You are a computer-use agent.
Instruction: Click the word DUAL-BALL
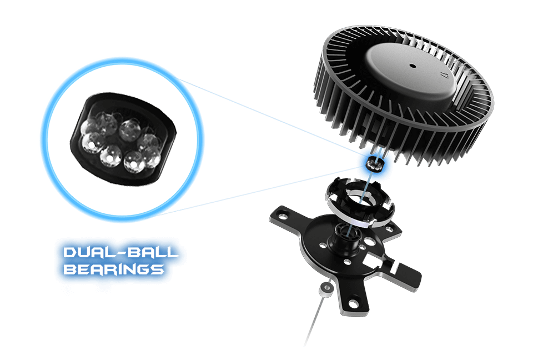[x=120, y=252]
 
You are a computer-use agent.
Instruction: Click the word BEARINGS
[x=114, y=269]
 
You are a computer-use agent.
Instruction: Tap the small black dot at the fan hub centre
[x=413, y=66]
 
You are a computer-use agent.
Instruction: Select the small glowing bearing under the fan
[x=373, y=164]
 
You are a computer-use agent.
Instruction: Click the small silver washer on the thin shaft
[x=325, y=289]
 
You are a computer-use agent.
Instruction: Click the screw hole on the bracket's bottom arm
[x=354, y=303]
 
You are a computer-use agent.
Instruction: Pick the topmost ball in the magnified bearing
[x=130, y=128]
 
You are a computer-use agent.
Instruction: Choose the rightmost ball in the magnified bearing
[x=152, y=157]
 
